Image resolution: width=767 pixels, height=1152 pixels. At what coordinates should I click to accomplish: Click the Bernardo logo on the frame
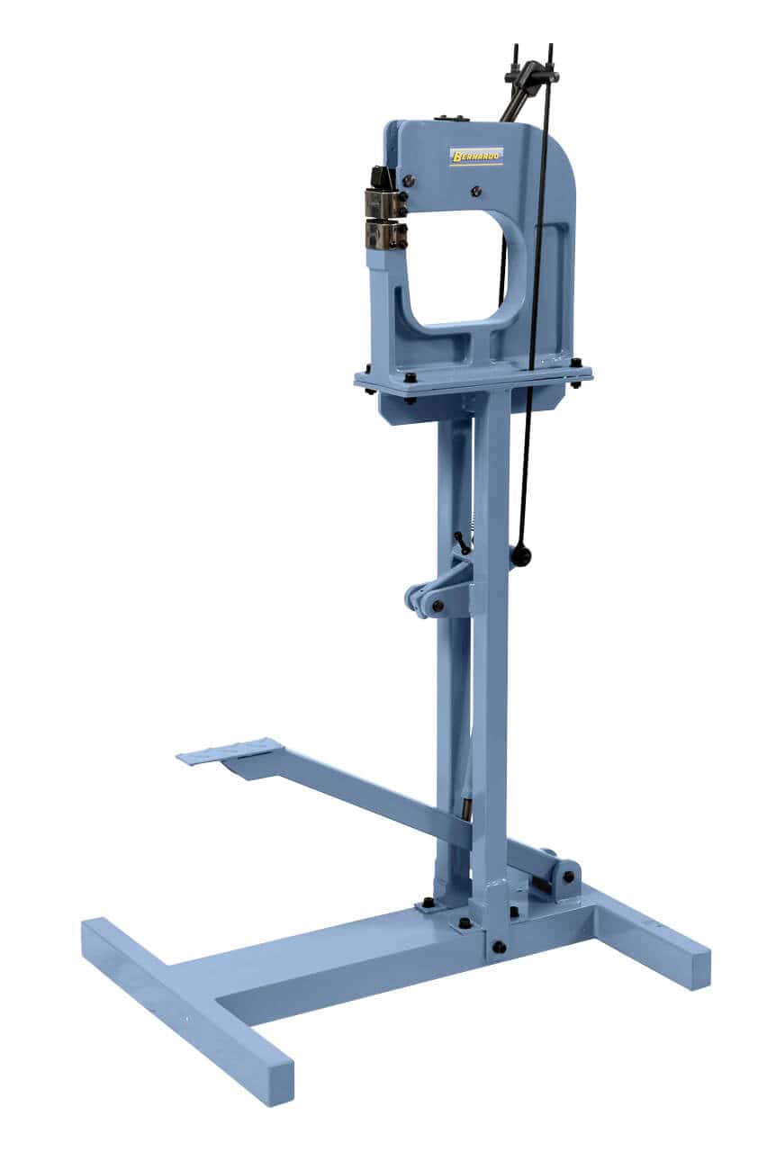(476, 157)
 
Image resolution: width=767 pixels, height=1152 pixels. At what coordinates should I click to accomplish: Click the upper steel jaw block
(384, 204)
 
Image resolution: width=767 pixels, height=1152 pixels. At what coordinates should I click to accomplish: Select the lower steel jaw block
(385, 236)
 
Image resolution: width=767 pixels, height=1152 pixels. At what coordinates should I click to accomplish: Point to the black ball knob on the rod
(521, 555)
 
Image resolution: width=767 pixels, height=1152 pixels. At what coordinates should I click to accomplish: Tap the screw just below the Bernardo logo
(475, 191)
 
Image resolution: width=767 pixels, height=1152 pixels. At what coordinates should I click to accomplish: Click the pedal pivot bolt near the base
(568, 876)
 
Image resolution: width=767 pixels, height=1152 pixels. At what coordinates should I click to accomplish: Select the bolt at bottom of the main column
(499, 947)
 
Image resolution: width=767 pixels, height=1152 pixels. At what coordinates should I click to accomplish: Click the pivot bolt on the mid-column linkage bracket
(438, 606)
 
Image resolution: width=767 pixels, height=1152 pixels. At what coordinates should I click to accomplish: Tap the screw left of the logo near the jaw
(409, 181)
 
